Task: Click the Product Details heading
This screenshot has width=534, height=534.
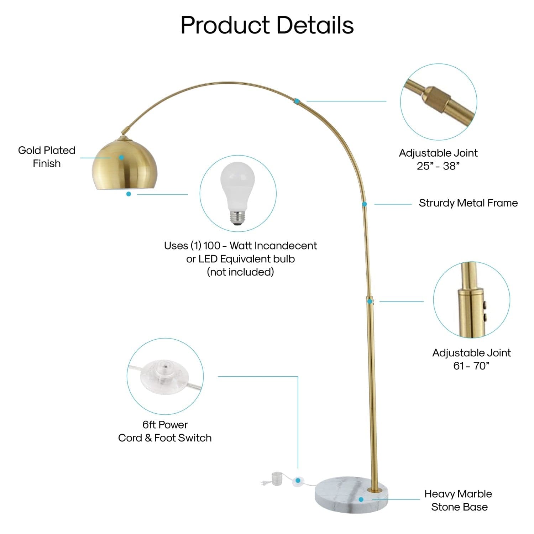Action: (267, 25)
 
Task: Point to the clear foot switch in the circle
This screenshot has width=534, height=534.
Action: (164, 377)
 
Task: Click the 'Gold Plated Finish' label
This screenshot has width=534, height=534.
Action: (47, 157)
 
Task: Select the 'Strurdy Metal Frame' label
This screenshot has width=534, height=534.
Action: (468, 203)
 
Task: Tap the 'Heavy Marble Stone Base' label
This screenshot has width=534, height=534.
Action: (459, 500)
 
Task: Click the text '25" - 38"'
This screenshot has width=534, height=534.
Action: (438, 166)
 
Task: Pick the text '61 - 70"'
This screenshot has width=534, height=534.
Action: (471, 366)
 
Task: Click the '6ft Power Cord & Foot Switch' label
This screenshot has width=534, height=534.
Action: (165, 431)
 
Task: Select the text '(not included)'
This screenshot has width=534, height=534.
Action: (240, 272)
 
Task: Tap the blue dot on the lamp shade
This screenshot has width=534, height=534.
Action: (121, 157)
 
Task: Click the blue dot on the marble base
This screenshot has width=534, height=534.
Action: (361, 499)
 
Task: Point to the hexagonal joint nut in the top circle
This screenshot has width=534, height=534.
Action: (436, 100)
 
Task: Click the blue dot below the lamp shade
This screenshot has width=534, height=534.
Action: (129, 194)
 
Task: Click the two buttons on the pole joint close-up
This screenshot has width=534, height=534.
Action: (484, 311)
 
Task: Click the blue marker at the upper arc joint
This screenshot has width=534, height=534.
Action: (296, 101)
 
